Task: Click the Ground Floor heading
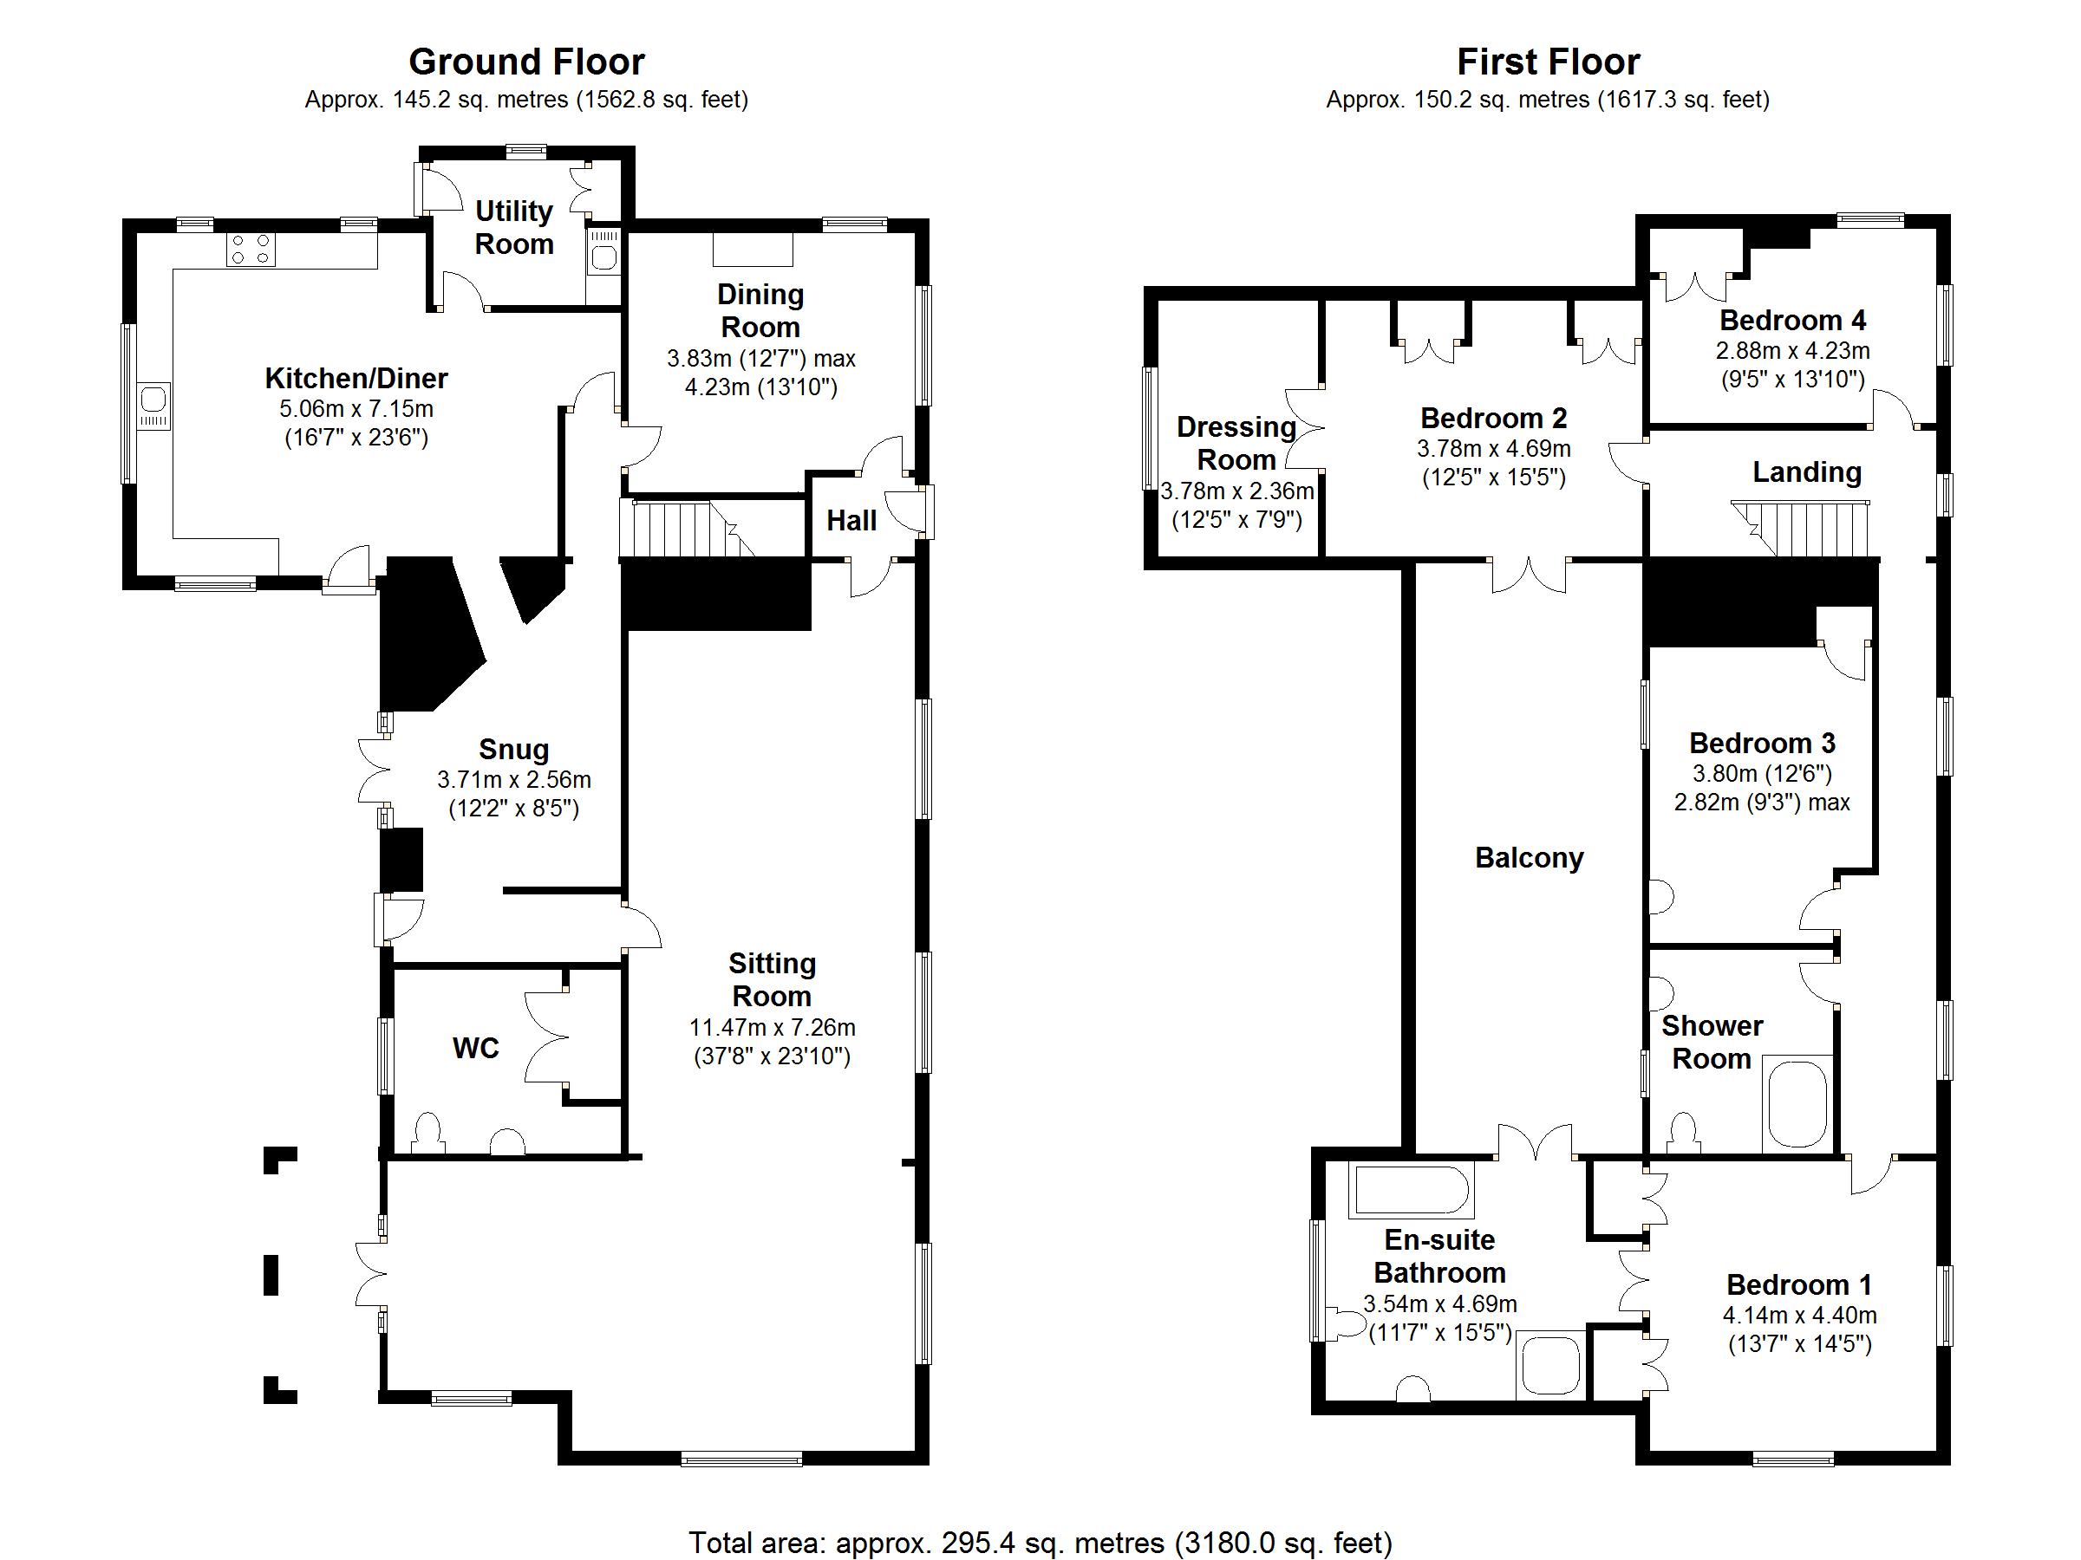[526, 62]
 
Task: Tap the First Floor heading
[1548, 62]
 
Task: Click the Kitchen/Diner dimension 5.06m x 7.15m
[356, 409]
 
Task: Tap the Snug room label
[512, 749]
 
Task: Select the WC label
[475, 1048]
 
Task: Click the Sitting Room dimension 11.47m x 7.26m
[772, 1028]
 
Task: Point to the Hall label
[851, 520]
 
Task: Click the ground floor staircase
[687, 529]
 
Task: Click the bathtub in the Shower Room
[1797, 1104]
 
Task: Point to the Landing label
[1806, 471]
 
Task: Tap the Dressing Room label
[1236, 443]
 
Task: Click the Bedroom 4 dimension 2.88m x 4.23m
[1792, 351]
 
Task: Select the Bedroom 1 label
[1799, 1284]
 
